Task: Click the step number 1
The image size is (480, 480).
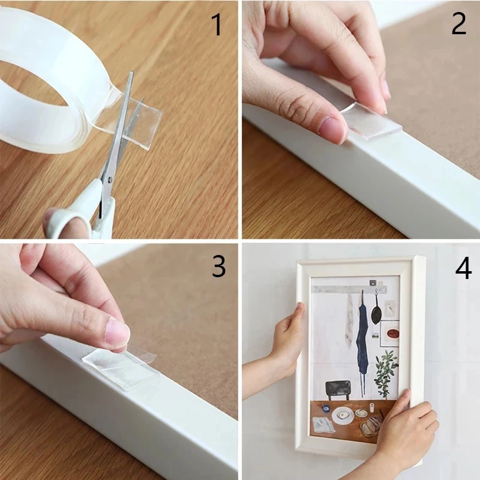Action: pos(216,25)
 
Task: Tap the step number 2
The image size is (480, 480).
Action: pos(458,24)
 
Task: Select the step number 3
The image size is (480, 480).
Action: pos(218,266)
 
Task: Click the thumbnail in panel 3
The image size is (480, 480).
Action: pos(117,333)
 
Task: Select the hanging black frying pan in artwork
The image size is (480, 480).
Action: pos(376,313)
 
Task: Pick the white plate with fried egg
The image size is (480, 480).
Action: pos(343,416)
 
